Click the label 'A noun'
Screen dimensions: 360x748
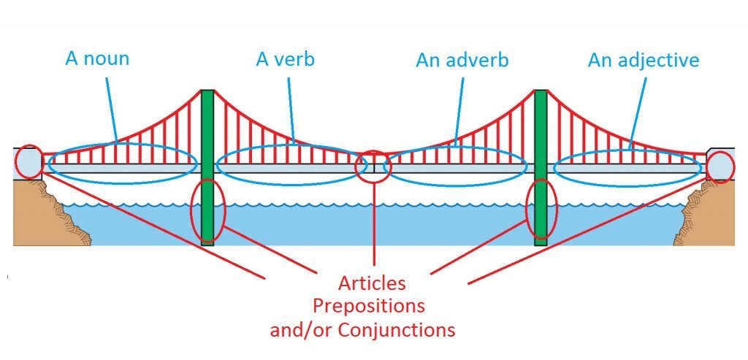(x=97, y=58)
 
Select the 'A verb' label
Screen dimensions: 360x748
(x=285, y=58)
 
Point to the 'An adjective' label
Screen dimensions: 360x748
(x=643, y=60)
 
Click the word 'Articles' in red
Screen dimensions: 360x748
(x=373, y=283)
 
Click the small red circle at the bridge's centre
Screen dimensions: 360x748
(x=373, y=166)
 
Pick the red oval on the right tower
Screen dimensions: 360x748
(x=541, y=210)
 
